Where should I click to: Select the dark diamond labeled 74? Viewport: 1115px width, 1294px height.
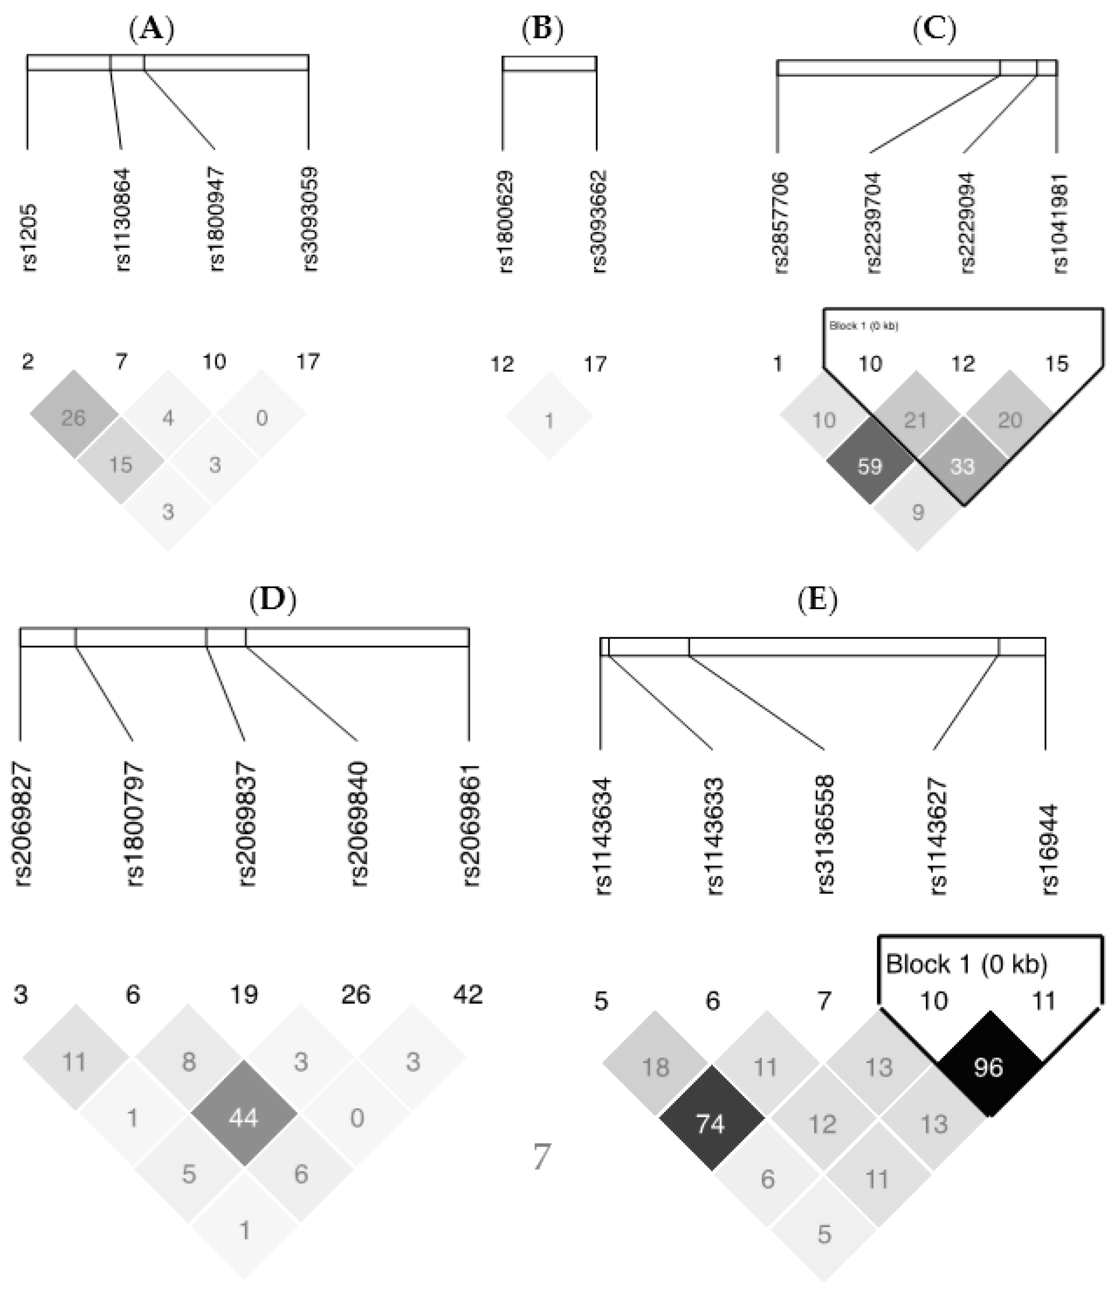pos(711,1124)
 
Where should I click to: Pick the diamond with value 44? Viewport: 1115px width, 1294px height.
pos(244,1118)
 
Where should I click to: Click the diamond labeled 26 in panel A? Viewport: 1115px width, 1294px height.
pos(73,417)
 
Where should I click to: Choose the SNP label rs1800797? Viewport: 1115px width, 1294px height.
pos(134,825)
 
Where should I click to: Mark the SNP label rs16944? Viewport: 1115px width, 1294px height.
pos(1048,849)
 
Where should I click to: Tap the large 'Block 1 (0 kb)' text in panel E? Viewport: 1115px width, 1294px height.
pos(966,965)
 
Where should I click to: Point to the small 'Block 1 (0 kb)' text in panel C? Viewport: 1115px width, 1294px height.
pos(863,326)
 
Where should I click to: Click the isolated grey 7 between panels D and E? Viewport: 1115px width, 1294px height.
pos(541,1157)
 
